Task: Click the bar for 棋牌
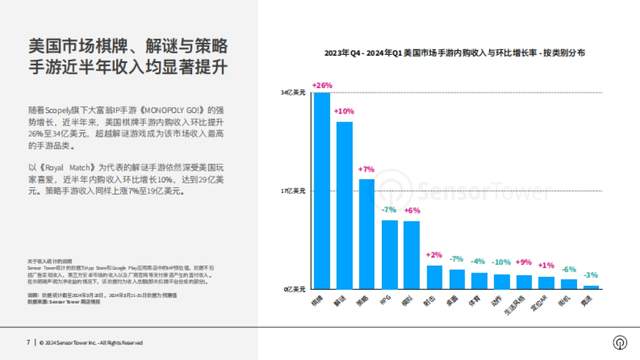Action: (x=322, y=190)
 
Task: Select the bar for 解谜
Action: (x=344, y=205)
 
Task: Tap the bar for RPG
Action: (x=389, y=254)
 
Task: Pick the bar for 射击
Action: (x=434, y=277)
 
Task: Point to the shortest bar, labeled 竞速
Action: (x=591, y=287)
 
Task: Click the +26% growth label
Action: (x=322, y=85)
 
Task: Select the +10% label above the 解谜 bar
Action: (x=344, y=111)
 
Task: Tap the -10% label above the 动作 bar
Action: (x=501, y=262)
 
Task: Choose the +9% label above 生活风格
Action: (x=523, y=262)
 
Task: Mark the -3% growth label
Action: (x=590, y=275)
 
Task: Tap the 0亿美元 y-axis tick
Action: (x=294, y=289)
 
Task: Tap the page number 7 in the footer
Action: (x=28, y=342)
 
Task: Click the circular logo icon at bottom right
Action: (x=620, y=342)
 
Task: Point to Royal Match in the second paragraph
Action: (x=67, y=166)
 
